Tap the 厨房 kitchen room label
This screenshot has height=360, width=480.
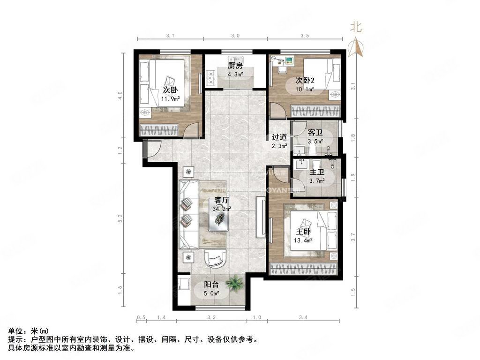click(x=235, y=66)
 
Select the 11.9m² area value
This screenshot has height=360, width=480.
click(x=170, y=99)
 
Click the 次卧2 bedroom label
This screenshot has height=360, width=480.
click(x=305, y=81)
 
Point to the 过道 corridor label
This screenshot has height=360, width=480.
click(x=279, y=137)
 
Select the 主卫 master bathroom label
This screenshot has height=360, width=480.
click(x=316, y=172)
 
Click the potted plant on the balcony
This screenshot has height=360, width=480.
click(x=234, y=284)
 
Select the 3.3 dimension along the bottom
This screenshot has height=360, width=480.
click(x=211, y=318)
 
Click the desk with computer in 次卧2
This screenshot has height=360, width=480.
click(x=284, y=64)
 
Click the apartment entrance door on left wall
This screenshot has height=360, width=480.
click(x=152, y=149)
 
